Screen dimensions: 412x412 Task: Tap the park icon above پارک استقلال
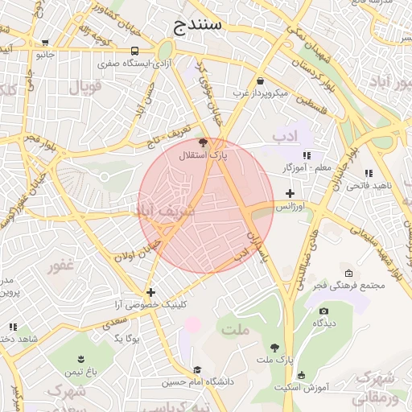202,142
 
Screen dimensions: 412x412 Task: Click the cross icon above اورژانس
290,194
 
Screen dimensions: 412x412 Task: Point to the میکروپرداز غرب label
261,93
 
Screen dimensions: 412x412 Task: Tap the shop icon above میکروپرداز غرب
260,80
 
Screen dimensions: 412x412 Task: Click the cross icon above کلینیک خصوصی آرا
150,292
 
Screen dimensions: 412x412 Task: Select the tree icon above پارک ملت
274,348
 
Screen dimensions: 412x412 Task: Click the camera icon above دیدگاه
323,311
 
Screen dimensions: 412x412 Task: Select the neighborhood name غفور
61,266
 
